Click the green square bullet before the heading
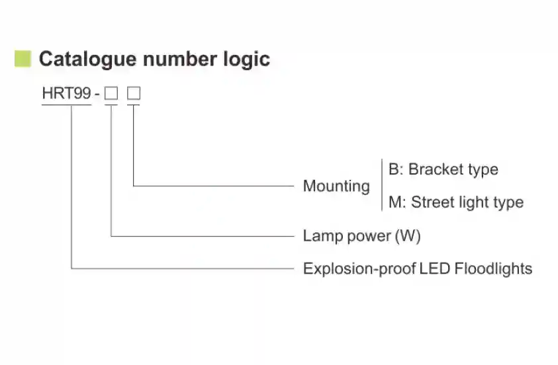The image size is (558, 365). [23, 58]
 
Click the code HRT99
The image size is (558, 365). [66, 94]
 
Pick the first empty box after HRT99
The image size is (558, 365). [111, 94]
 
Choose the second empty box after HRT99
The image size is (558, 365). [134, 94]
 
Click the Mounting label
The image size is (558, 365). [336, 186]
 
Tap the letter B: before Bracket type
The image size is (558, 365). [395, 169]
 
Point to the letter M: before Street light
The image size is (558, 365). [396, 202]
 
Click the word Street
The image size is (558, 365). [432, 202]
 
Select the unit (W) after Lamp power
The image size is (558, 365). [408, 236]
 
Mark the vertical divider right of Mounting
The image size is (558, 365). [382, 185]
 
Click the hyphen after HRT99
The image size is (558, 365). [97, 95]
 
